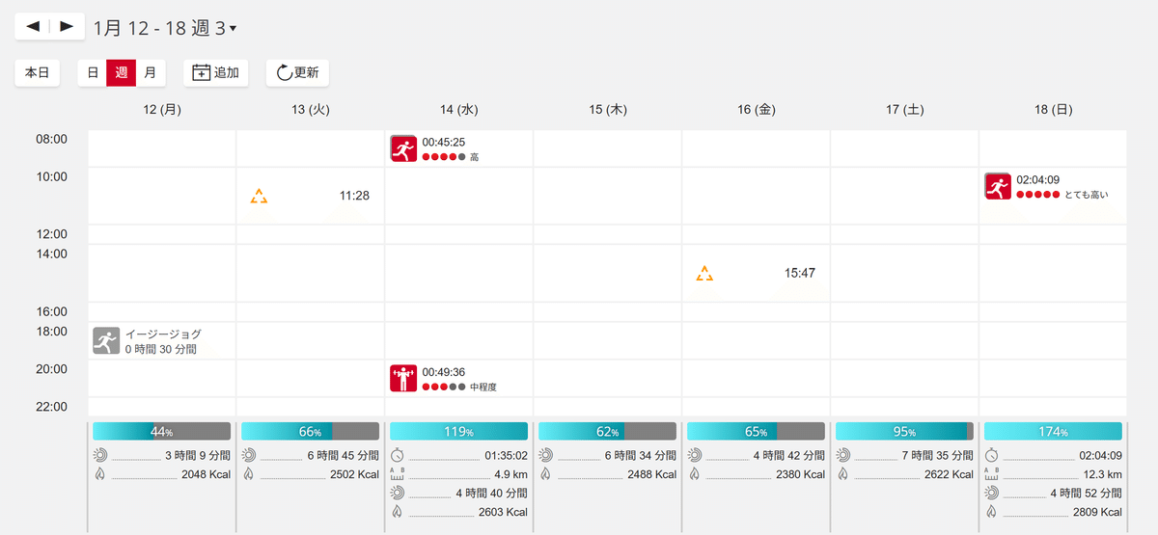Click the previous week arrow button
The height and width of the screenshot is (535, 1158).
point(33,27)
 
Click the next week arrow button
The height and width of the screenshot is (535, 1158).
point(67,27)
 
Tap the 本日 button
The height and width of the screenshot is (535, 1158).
point(38,72)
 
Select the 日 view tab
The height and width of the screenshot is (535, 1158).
point(93,72)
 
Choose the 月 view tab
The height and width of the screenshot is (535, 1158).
point(151,72)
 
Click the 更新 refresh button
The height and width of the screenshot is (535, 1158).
point(297,72)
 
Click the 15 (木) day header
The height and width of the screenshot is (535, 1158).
point(607,110)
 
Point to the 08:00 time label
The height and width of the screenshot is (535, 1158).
point(51,139)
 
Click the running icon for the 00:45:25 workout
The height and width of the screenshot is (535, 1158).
point(403,148)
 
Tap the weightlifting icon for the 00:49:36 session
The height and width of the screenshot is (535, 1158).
point(403,379)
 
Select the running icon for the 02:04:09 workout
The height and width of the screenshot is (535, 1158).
point(998,186)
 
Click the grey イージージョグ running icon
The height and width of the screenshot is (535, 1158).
point(106,341)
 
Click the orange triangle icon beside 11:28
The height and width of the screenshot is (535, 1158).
point(259,197)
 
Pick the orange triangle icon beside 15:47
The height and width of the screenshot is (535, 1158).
point(704,274)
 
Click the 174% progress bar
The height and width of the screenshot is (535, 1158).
point(1052,432)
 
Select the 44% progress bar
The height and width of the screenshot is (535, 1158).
point(161,432)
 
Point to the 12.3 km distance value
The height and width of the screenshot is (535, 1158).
point(1102,474)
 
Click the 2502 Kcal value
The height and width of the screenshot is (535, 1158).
point(354,474)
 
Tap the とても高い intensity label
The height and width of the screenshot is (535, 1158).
point(1087,195)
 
